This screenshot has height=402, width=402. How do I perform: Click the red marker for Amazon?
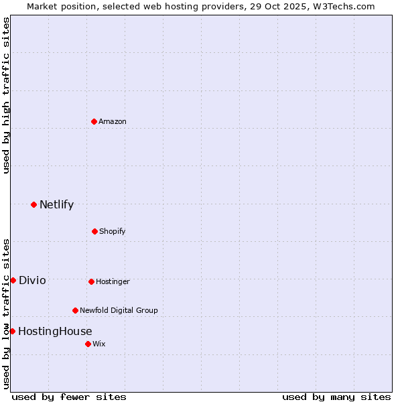point(94,121)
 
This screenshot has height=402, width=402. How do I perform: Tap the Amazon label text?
point(113,122)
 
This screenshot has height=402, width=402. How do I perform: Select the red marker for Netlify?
point(33,204)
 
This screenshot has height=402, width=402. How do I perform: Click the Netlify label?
point(56,205)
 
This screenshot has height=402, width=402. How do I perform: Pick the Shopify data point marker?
point(94,231)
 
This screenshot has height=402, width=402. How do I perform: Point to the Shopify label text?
point(112,232)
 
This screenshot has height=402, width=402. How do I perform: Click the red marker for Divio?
point(13,280)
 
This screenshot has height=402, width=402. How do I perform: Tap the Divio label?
point(32,281)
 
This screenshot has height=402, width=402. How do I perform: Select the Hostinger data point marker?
point(91,281)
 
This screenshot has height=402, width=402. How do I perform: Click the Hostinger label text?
point(113,282)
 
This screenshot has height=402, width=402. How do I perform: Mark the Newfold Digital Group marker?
point(75,310)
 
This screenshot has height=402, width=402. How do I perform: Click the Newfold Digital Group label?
point(119,311)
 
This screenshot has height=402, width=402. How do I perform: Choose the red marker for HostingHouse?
point(12,331)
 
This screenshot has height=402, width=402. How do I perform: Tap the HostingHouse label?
point(55,332)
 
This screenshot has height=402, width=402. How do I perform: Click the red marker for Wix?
point(88,344)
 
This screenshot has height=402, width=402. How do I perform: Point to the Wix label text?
point(99,344)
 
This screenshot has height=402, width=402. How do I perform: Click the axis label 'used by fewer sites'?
point(69,397)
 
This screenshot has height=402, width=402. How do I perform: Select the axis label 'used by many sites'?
point(336,397)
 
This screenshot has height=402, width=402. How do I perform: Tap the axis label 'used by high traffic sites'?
point(7,95)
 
